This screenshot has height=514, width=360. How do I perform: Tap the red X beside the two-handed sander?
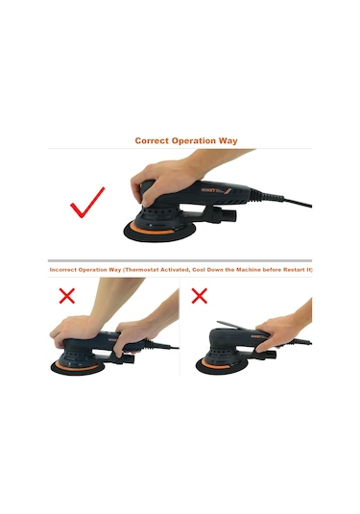tap(67, 296)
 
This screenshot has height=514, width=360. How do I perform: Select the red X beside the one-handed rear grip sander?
tap(199, 296)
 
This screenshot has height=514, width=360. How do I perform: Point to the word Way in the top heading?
tap(228, 141)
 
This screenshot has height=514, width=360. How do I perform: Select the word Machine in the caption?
tap(249, 270)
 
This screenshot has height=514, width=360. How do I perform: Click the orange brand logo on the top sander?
tap(207, 190)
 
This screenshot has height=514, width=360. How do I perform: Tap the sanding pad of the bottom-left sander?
tap(78, 368)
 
